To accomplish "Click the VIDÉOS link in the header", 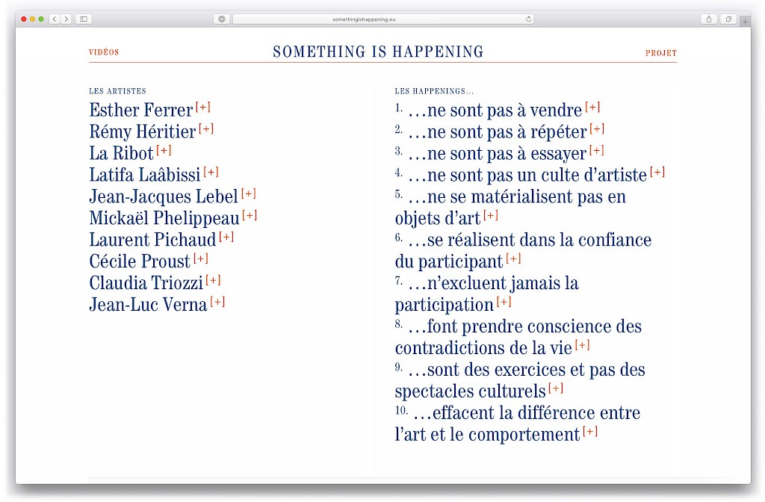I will click(x=104, y=53).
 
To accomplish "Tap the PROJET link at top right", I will click(x=661, y=54).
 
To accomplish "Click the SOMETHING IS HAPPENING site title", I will click(x=378, y=52).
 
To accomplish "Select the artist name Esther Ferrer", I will click(x=141, y=110).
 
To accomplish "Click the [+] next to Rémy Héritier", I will click(x=206, y=128).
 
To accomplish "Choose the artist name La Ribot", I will click(x=121, y=153).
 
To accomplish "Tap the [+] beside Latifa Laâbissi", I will click(x=211, y=172).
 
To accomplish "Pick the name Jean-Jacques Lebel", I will click(x=163, y=196).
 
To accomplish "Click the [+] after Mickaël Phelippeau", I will click(x=250, y=215).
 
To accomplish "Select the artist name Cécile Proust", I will click(x=140, y=261).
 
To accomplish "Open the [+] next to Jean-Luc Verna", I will click(x=217, y=302).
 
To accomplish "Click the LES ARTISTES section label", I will click(x=117, y=91).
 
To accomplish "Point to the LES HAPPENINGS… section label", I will click(x=434, y=91).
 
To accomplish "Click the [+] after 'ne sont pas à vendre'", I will click(x=592, y=107).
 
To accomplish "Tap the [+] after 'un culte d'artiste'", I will click(x=657, y=172).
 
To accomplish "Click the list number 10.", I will click(x=401, y=411).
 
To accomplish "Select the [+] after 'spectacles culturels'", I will click(x=556, y=388).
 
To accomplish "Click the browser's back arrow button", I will click(x=55, y=19).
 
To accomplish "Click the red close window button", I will click(x=24, y=19).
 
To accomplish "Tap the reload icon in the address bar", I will click(x=528, y=19).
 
